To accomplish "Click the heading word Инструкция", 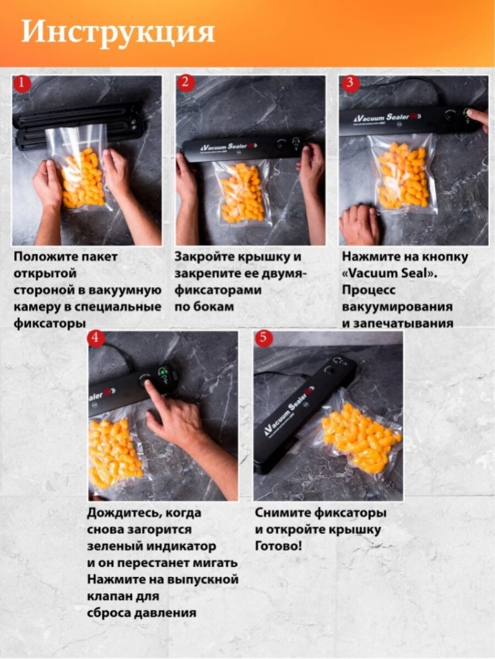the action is (x=118, y=33).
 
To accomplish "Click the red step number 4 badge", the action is (x=96, y=338).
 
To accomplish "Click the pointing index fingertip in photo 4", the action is (x=148, y=384).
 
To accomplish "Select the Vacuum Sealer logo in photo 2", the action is (x=227, y=147).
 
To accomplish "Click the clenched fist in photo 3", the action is (x=360, y=224).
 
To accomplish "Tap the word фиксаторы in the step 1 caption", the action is (x=50, y=324).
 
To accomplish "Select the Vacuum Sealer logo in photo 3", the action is (x=387, y=118).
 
